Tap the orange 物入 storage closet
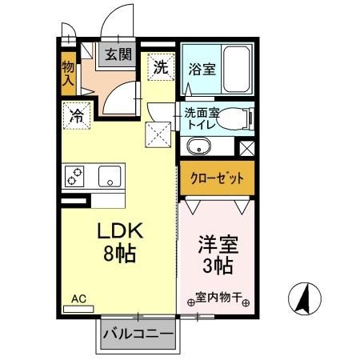point(69,71)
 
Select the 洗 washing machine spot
point(161,67)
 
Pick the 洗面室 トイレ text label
point(201,118)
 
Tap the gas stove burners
point(77,176)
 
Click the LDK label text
point(120,230)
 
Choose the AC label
point(78,299)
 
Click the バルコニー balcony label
point(137,334)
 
